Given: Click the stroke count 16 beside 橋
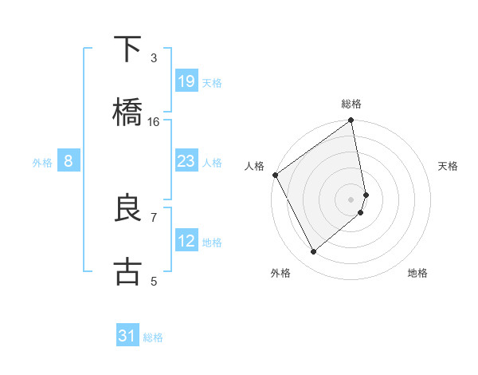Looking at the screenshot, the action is pos(154,121).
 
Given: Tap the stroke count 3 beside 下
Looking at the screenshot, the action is pos(154,57).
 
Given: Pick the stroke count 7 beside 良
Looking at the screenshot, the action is pos(154,216).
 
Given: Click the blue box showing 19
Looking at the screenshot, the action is pos(186,81).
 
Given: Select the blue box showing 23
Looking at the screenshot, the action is pos(186,161).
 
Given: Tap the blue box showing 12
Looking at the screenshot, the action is pos(186,241).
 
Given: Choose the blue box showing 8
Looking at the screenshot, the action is pos(69,161).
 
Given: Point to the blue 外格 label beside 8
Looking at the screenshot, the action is pos(42,162).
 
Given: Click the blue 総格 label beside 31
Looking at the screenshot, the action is pos(153,337).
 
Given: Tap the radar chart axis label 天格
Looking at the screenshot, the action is pos(449,166).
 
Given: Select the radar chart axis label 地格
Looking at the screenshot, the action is pos(417,273).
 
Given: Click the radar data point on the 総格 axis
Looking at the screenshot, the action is pos(351,121).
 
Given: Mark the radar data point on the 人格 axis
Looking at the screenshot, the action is pos(275,175).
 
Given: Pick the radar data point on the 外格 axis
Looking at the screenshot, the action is pos(313,251).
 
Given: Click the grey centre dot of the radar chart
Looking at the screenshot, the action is pos(351,198).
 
